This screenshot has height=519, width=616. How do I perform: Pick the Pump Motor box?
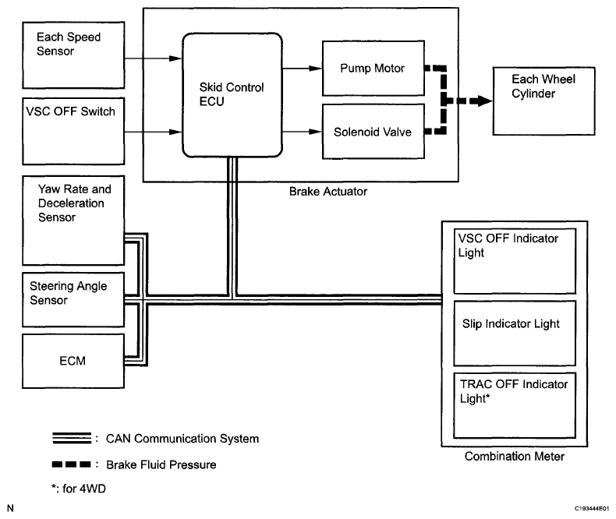pos(372,69)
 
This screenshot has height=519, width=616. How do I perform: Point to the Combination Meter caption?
pos(514,456)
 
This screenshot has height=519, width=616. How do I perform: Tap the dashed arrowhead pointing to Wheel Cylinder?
pos(472,101)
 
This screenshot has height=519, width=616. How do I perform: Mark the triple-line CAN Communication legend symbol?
pos(68,439)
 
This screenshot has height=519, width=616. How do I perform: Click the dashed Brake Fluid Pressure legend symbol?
pos(68,465)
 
